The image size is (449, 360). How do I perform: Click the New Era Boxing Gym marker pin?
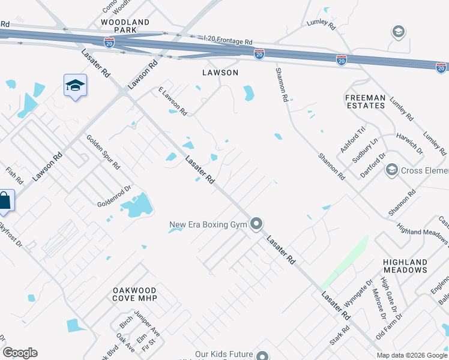click(x=257, y=224)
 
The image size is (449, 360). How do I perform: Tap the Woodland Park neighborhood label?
click(x=125, y=26)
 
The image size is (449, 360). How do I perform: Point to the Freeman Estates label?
click(x=365, y=101)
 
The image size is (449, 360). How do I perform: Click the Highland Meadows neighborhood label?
click(x=406, y=266)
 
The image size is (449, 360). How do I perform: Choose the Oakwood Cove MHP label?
click(x=135, y=294)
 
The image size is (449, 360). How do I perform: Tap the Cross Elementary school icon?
click(x=392, y=170)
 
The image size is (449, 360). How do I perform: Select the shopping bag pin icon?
click(x=5, y=202)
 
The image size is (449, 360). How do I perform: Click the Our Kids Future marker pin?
click(x=261, y=355)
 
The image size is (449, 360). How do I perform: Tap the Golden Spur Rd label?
click(x=103, y=152)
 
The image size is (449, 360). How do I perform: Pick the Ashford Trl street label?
click(x=352, y=139)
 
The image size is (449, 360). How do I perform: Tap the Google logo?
click(x=20, y=353)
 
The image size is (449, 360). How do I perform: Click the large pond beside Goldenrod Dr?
click(x=137, y=206)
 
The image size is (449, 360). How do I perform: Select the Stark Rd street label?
click(x=340, y=336)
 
